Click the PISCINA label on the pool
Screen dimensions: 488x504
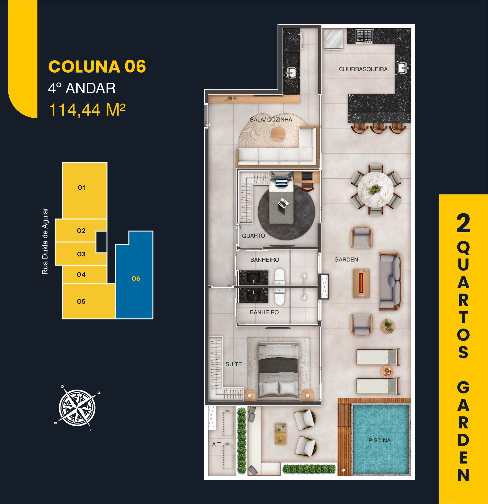click(x=379, y=441)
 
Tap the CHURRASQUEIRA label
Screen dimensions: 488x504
click(x=363, y=69)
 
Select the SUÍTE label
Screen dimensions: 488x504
click(x=233, y=364)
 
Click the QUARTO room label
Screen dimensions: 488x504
click(x=253, y=236)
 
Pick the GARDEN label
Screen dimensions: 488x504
click(x=346, y=259)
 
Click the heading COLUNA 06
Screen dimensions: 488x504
click(x=97, y=67)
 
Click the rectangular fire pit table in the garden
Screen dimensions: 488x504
click(x=361, y=283)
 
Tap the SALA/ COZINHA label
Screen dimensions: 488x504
click(x=271, y=120)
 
